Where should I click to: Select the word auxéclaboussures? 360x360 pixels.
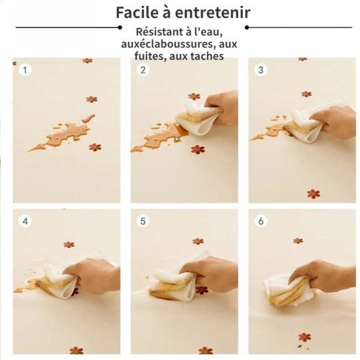point(167,44)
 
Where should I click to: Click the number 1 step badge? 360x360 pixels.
point(25,70)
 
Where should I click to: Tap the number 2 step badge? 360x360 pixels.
point(143,70)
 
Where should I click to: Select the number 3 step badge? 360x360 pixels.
point(260,70)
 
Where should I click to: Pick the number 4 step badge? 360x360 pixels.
point(25,221)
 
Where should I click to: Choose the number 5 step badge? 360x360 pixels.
point(143,221)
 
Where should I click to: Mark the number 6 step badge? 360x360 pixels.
point(261,221)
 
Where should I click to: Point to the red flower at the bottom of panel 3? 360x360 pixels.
point(313,194)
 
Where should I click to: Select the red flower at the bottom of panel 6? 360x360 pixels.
point(304,337)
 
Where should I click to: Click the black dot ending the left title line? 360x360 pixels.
point(120,28)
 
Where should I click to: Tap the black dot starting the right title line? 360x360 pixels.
point(247,28)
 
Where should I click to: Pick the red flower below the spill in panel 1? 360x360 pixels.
point(95,147)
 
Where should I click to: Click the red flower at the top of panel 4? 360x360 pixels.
point(69,245)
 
